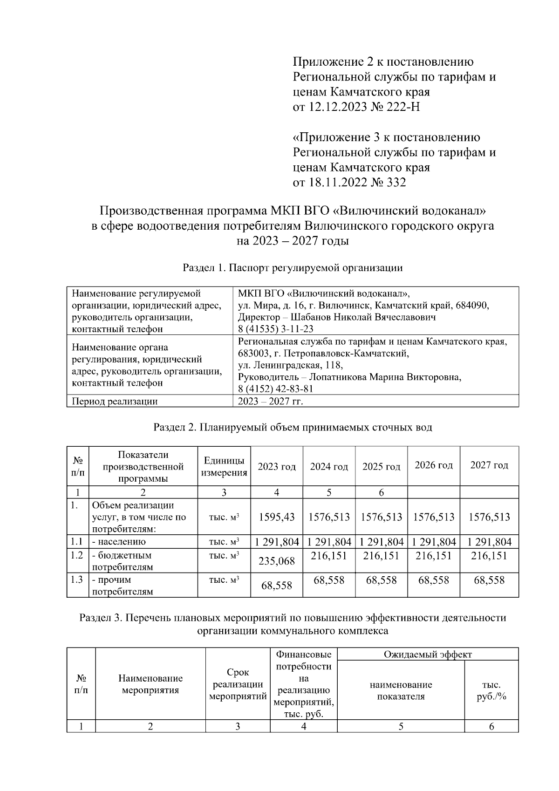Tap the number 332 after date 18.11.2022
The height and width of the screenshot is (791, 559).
(395, 182)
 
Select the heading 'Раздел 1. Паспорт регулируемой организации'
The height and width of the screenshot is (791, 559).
(293, 268)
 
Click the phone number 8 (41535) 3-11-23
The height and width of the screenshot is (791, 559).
(275, 329)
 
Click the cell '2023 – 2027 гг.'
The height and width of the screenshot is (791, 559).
(270, 401)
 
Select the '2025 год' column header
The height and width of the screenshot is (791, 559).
(381, 467)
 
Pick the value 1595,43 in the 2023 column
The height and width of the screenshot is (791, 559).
(277, 517)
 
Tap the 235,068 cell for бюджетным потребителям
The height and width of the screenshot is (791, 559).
(277, 561)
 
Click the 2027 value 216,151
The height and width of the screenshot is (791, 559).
(489, 556)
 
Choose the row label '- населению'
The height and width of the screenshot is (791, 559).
(119, 542)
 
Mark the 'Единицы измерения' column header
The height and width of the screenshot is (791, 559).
(224, 466)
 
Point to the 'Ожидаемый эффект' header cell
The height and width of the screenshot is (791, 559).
(427, 655)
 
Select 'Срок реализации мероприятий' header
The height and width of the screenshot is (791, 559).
(238, 684)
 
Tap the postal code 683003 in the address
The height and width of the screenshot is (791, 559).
(252, 353)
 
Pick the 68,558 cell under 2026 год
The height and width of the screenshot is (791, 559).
(433, 580)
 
